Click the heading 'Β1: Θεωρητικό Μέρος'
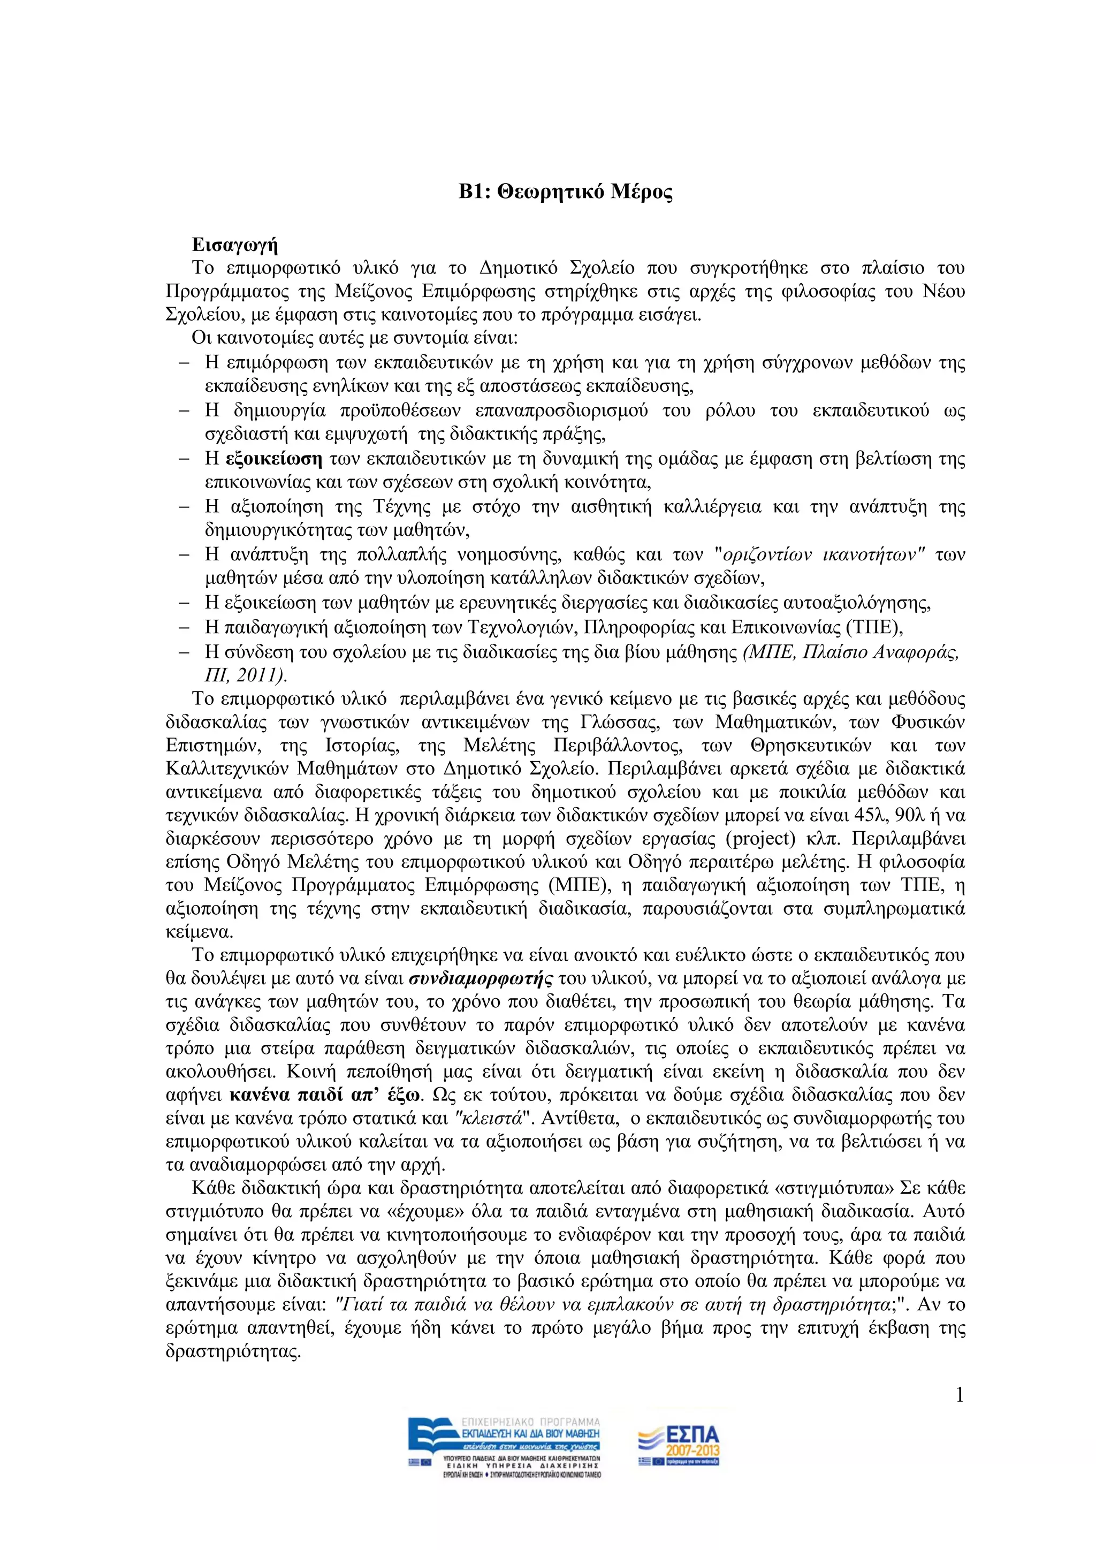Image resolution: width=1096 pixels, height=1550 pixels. click(566, 192)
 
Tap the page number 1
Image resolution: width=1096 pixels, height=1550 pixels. click(960, 1395)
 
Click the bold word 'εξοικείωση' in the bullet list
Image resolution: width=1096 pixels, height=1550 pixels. click(273, 459)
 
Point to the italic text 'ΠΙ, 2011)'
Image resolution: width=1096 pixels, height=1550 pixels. click(246, 675)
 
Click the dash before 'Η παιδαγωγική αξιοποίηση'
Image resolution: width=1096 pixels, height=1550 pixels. click(183, 627)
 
